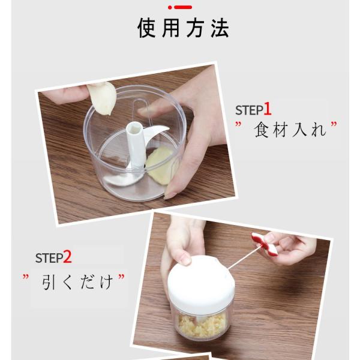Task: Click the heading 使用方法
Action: [x=183, y=28]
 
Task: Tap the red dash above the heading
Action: [x=183, y=7]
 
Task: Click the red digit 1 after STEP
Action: [x=267, y=109]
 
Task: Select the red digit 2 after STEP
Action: [x=67, y=257]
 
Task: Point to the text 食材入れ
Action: [x=290, y=130]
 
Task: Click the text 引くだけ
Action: [x=77, y=282]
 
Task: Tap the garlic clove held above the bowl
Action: [x=102, y=98]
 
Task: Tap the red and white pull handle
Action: [x=265, y=244]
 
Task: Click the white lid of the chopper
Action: [x=201, y=282]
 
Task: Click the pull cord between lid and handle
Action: [x=244, y=257]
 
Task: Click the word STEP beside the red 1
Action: [x=250, y=110]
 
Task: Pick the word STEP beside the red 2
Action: [x=49, y=258]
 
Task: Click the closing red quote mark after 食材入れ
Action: [x=334, y=125]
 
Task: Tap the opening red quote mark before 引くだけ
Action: [x=25, y=277]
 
